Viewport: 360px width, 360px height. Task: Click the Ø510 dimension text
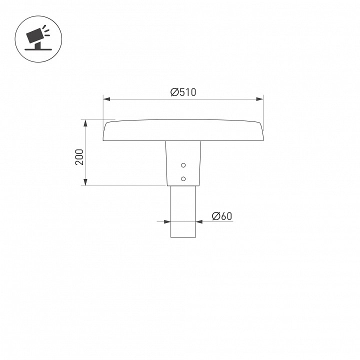pyautogui.click(x=183, y=92)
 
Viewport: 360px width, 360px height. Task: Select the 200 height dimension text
pyautogui.click(x=79, y=158)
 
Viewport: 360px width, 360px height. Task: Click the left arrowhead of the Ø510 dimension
pyautogui.click(x=106, y=99)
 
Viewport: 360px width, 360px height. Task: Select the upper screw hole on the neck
pyautogui.click(x=183, y=165)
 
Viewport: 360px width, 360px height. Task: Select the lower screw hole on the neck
pyautogui.click(x=183, y=178)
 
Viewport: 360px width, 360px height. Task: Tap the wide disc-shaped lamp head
pyautogui.click(x=182, y=130)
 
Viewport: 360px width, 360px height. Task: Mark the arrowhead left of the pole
pyautogui.click(x=167, y=221)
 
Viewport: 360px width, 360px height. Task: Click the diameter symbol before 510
pyautogui.click(x=174, y=92)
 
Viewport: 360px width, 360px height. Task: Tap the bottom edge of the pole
pyautogui.click(x=183, y=237)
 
